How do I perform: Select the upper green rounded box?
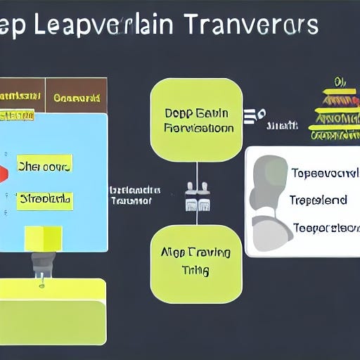tap(196, 120)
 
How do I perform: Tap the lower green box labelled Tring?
tap(196, 264)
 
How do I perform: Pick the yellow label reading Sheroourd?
tap(44, 167)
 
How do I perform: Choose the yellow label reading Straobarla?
tap(44, 199)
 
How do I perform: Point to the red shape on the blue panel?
tap(4, 172)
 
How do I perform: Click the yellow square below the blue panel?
tap(43, 238)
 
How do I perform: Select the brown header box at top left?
tap(76, 96)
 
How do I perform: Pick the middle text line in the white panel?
tap(318, 200)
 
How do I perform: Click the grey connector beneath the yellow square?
tap(41, 266)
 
